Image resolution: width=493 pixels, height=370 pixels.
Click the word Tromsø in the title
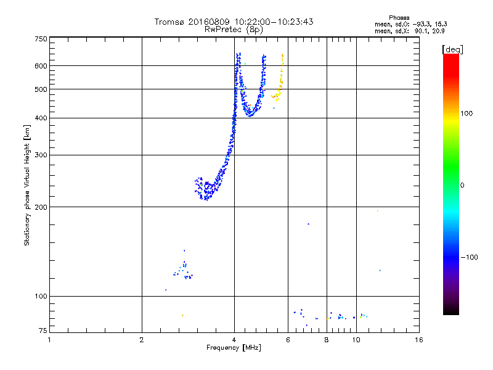[169, 22]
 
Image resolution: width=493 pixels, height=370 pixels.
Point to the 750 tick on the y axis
[41, 39]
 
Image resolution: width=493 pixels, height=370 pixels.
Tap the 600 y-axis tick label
[41, 66]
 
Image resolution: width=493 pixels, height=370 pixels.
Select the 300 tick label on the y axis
[41, 155]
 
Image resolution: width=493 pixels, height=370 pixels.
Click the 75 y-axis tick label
[43, 332]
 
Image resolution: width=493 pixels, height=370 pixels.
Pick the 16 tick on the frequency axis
[418, 340]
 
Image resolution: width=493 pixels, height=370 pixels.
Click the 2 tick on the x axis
[142, 340]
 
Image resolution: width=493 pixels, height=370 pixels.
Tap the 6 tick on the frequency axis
[288, 340]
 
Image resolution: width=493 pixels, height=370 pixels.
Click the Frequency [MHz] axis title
[234, 348]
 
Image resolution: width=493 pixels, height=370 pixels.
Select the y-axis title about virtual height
[27, 185]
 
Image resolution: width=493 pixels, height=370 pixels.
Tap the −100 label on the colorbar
[471, 257]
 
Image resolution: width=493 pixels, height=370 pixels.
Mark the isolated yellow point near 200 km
[377, 212]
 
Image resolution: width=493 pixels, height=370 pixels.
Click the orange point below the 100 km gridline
[182, 315]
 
